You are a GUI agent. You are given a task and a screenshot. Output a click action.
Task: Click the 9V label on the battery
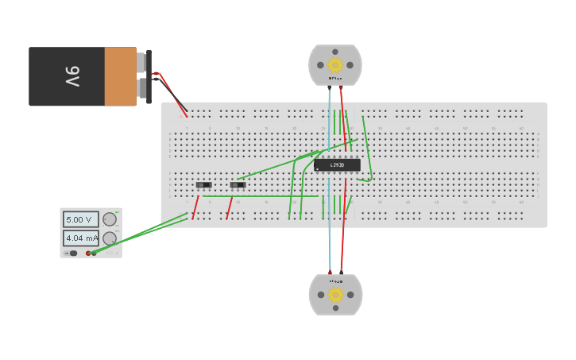click(72, 76)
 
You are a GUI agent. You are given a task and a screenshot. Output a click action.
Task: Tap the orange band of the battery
click(120, 76)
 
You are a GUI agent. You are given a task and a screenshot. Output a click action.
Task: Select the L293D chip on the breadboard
click(337, 165)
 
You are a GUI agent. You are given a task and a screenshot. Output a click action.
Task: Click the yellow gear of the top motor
click(335, 65)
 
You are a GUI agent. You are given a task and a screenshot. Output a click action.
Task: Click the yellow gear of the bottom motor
click(335, 295)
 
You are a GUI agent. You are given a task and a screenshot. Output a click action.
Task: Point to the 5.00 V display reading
click(80, 219)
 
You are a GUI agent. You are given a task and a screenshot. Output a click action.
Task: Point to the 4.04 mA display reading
click(80, 238)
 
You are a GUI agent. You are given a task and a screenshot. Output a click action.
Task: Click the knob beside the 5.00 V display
click(110, 219)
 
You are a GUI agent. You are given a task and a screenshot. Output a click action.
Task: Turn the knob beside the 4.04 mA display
click(110, 238)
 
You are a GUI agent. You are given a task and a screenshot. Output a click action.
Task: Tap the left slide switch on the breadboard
click(204, 185)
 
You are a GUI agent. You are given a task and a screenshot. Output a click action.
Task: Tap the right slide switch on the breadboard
click(238, 185)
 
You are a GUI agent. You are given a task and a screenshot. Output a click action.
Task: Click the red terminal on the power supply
click(88, 254)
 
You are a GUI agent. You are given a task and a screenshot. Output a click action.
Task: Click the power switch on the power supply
click(72, 254)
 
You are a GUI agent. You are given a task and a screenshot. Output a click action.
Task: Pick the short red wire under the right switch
click(230, 207)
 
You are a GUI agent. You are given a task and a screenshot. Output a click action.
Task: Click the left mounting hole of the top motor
click(320, 65)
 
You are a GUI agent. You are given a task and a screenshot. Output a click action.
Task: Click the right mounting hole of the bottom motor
click(350, 295)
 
